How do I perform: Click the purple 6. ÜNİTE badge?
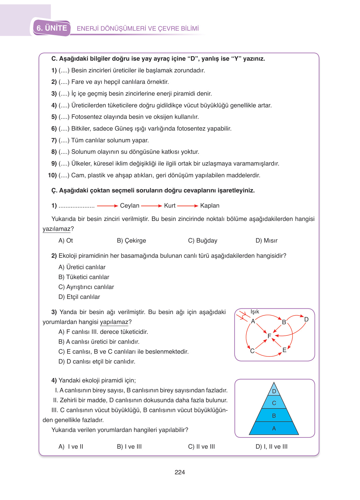pyautogui.click(x=52, y=28)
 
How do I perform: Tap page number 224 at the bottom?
pyautogui.click(x=180, y=472)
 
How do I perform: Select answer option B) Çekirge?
pyautogui.click(x=131, y=240)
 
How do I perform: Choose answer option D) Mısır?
pyautogui.click(x=266, y=240)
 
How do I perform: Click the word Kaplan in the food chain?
pyautogui.click(x=210, y=206)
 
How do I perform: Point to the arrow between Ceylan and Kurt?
pyautogui.click(x=151, y=206)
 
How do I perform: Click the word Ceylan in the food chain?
pyautogui.click(x=129, y=206)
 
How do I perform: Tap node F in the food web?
pyautogui.click(x=269, y=336)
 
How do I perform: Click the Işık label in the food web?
pyautogui.click(x=255, y=312)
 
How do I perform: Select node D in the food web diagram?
pyautogui.click(x=306, y=319)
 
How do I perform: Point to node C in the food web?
pyautogui.click(x=252, y=351)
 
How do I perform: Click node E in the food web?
pyautogui.click(x=284, y=350)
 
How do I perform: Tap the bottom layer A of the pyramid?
pyautogui.click(x=274, y=429)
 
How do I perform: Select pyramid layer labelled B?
pyautogui.click(x=274, y=416)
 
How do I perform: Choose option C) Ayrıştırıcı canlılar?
pyautogui.click(x=86, y=287)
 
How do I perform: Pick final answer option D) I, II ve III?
pyautogui.click(x=271, y=446)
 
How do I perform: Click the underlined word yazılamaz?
pyautogui.click(x=57, y=229)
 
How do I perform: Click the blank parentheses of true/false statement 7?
pyautogui.click(x=64, y=140)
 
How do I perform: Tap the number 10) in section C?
pyautogui.click(x=52, y=175)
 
